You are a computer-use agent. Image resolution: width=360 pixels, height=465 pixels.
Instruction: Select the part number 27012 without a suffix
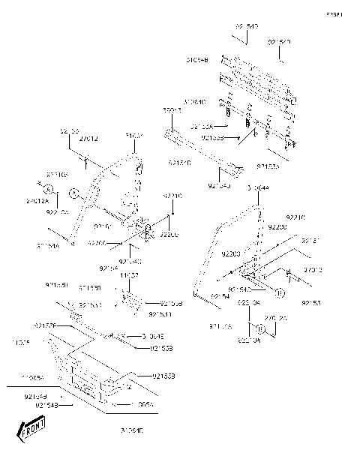pos(88,139)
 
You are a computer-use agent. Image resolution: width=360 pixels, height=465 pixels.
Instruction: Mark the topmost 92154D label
pos(247,27)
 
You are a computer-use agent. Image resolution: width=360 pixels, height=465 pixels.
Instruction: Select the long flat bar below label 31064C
pos(202,150)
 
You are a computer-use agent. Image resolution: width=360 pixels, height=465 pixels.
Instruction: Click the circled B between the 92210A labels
pos(257,329)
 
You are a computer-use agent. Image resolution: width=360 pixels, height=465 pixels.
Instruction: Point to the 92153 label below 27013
pos(310,303)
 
